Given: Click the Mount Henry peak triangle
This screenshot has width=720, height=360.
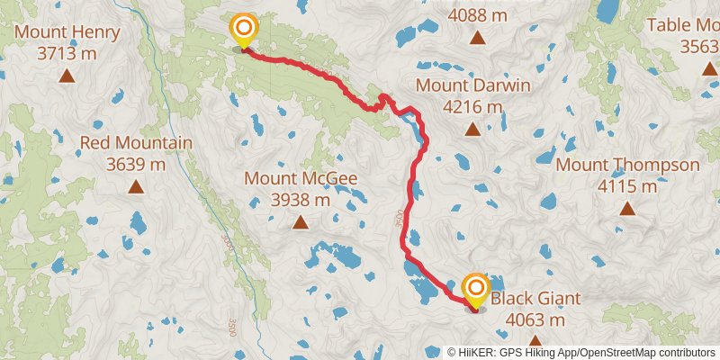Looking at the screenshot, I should tap(67, 76).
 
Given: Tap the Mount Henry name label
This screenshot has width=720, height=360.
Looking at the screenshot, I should tap(67, 33).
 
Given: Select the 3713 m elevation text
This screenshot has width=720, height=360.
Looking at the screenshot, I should tap(67, 53).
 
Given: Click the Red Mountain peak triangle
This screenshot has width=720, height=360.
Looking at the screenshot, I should tap(136, 186).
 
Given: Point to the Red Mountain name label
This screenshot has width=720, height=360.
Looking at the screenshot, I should tap(136, 143).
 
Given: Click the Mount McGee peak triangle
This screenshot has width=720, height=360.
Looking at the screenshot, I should tap(301, 221).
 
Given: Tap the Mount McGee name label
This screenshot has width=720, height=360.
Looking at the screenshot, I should tap(301, 178).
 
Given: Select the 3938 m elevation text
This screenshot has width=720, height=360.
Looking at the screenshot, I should tap(301, 199).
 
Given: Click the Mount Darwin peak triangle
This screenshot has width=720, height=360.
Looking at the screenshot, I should tap(472, 129).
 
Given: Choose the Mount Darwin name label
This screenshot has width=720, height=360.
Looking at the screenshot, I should tap(472, 85).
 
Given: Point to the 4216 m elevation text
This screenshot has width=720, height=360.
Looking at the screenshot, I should tap(472, 106).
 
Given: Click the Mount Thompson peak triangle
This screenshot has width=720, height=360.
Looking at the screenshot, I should tap(627, 209).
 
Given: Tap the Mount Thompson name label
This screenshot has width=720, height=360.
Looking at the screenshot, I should tap(627, 166).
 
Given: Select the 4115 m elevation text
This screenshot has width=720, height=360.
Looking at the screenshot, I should tap(627, 186).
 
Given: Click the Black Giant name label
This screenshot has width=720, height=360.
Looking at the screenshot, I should tap(535, 299).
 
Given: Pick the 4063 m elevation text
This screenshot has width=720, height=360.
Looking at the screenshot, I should tap(535, 319).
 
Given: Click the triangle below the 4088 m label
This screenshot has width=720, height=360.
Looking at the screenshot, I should tap(477, 39).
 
